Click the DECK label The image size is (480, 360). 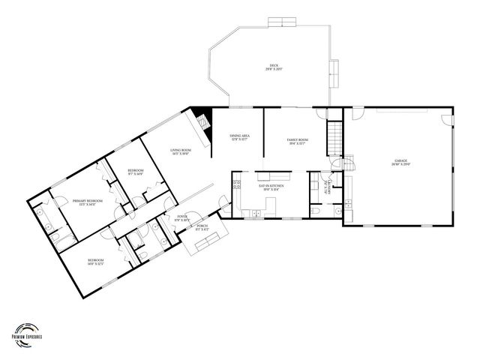point(273,66)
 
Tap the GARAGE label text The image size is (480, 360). point(401,160)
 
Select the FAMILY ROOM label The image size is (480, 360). point(297,139)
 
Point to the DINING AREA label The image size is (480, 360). point(239,135)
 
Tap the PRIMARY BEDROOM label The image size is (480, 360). point(88,201)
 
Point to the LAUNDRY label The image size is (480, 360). point(325,189)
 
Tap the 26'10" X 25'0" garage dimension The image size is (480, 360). point(401,164)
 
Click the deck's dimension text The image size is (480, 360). point(273,70)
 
